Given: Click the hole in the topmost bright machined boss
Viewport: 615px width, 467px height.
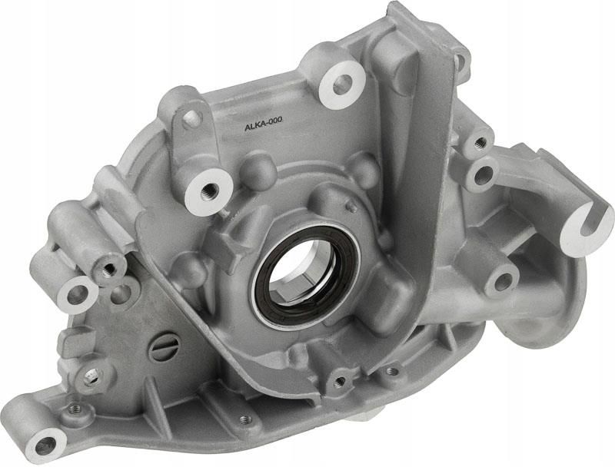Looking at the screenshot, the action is (342, 84).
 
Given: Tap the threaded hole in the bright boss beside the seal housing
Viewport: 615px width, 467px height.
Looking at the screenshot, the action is (208, 191).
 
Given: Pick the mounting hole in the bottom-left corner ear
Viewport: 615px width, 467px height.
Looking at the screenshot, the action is (46, 445).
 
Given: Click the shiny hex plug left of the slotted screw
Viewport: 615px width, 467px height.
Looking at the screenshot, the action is (93, 377).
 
